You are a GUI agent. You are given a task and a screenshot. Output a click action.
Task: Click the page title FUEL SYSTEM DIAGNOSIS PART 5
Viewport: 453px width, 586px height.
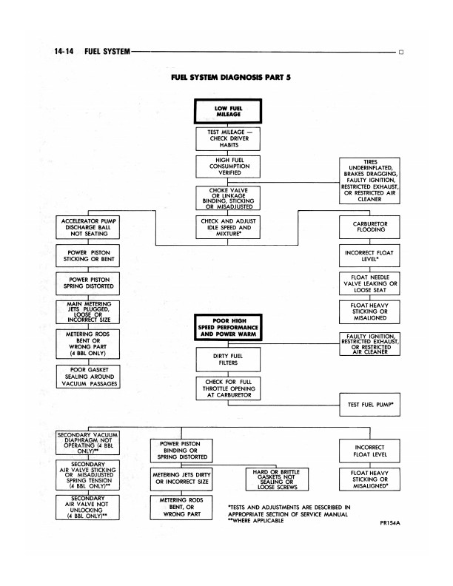pos(226,76)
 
